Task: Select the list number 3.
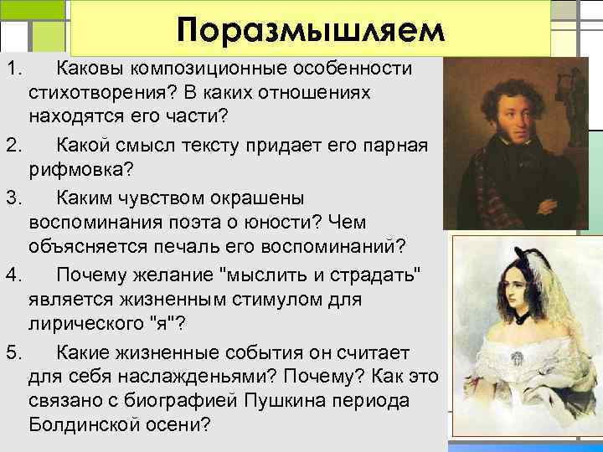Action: tap(13, 198)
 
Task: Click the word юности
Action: tap(285, 223)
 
